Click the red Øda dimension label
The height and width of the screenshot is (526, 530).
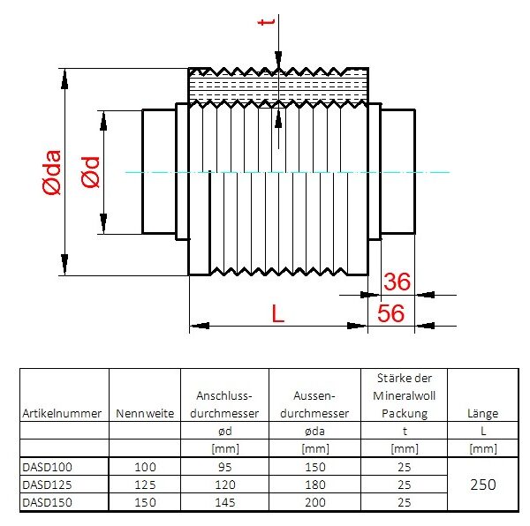coord(52,172)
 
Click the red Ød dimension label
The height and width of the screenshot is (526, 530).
coord(91,172)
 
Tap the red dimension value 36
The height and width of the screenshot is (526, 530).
coord(397,282)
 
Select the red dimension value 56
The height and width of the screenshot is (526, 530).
coord(390,313)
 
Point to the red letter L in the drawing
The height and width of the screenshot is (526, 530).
coord(278,313)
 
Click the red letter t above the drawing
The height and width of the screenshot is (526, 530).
coord(266,21)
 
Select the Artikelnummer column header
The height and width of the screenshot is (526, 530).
coord(62,413)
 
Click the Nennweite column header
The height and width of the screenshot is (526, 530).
coord(145,413)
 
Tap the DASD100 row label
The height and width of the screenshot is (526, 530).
coord(48,467)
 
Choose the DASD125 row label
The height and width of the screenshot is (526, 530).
coord(48,485)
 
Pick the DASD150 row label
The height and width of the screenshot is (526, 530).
coord(48,502)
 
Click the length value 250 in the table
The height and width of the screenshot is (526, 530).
coord(483,485)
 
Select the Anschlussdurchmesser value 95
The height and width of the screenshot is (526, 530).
coord(224,467)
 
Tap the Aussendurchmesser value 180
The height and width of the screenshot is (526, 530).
coord(315,485)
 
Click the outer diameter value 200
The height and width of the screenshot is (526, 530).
coord(315,502)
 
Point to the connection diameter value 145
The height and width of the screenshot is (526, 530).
coord(224,502)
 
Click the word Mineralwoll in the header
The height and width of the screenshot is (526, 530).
coord(405,395)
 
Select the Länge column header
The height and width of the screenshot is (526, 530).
coord(483,413)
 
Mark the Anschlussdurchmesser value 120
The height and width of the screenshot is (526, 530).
coord(224,485)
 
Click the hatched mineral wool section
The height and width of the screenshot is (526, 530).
coord(278,87)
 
